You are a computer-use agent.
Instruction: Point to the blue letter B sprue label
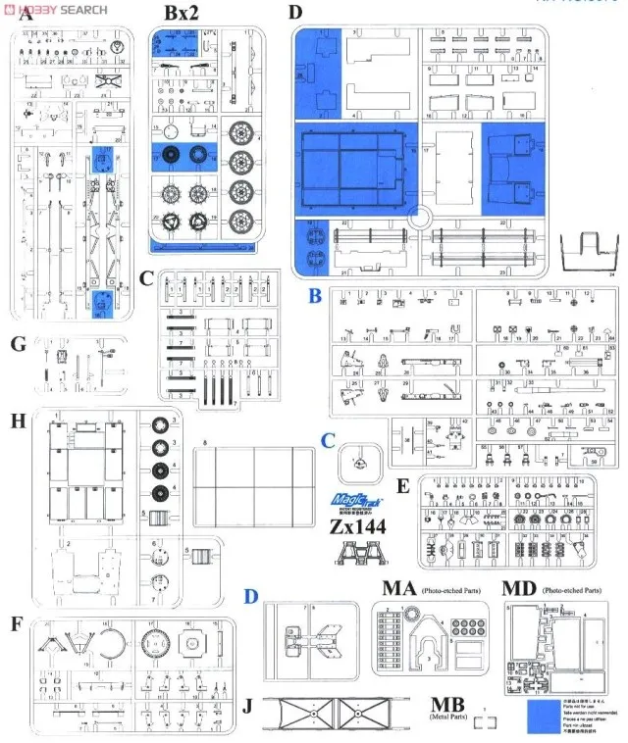(x=315, y=295)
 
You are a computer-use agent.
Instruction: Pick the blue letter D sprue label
(x=251, y=596)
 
